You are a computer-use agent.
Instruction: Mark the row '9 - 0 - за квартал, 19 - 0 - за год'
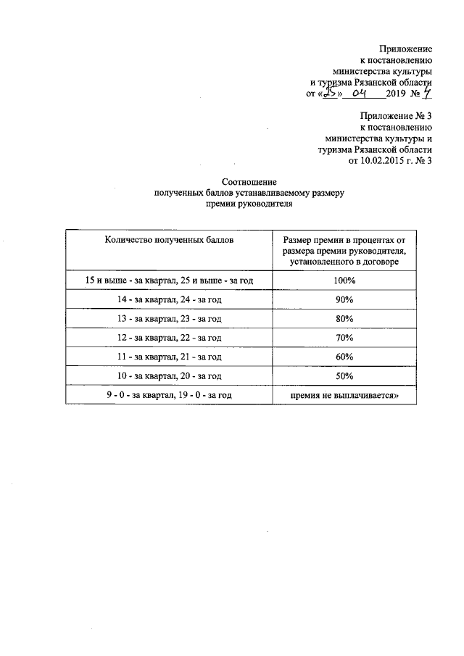click(168, 395)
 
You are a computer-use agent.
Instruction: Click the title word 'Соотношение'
click(249, 182)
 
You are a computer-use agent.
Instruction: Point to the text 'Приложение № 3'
click(396, 115)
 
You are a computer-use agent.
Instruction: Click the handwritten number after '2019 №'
click(428, 94)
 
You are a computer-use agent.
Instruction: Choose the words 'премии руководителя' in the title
click(249, 205)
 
